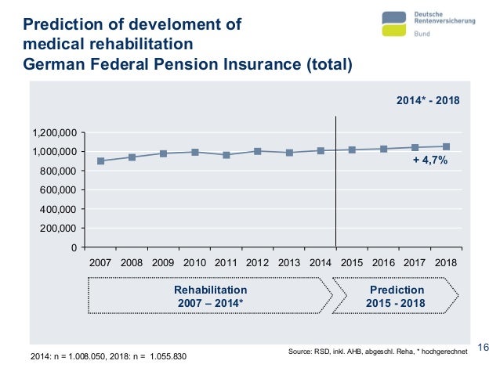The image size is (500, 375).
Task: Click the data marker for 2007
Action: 100,161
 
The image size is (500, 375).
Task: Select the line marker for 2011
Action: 226,155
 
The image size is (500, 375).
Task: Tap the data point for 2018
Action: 446,146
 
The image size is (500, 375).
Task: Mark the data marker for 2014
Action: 321,150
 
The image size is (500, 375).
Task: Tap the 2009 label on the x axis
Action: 163,262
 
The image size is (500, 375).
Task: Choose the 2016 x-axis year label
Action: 383,262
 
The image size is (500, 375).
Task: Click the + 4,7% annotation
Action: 429,161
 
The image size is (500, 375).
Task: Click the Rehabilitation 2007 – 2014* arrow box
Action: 210,295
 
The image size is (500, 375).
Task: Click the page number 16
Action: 483,348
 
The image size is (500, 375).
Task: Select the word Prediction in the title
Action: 58,24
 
